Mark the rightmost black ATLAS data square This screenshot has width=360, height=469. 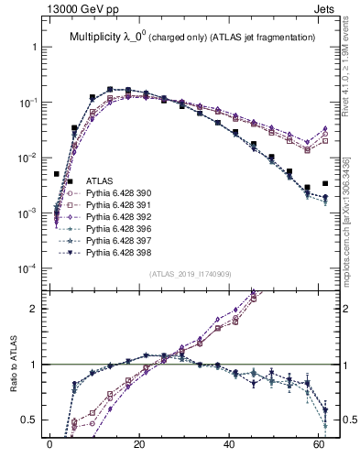point(325,183)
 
